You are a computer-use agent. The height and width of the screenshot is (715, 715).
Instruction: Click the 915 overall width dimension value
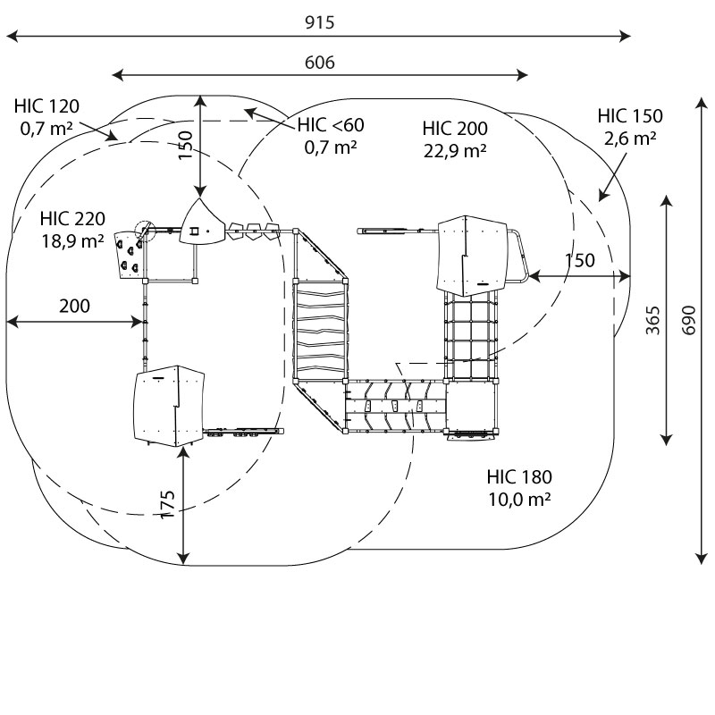[320, 22]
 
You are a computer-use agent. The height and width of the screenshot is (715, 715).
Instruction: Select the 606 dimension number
[320, 63]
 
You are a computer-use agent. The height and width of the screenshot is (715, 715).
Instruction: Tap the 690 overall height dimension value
[688, 321]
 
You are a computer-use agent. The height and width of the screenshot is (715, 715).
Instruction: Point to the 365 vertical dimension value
[653, 321]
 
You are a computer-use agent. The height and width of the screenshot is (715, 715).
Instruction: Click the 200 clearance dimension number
[75, 306]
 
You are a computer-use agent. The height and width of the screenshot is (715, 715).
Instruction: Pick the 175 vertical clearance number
[168, 504]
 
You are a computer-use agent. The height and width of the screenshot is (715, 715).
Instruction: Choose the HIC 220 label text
[72, 219]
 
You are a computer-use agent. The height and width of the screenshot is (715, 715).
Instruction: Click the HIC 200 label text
[455, 129]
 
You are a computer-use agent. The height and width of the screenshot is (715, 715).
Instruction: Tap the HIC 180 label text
[519, 477]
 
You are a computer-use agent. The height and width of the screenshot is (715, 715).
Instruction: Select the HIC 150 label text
[630, 116]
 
